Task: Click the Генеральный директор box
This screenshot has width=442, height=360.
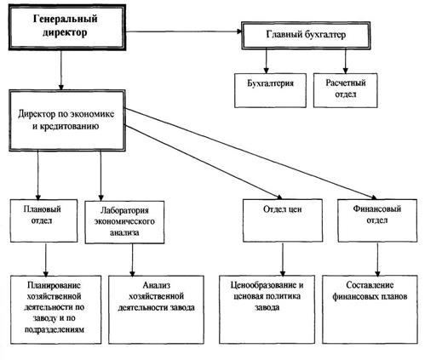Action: [x=67, y=27]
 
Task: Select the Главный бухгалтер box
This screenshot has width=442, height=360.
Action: [x=306, y=35]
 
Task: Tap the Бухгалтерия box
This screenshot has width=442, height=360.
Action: [x=270, y=90]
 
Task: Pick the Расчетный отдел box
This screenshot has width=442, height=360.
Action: [x=346, y=90]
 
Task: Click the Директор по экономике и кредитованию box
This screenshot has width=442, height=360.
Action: [x=67, y=121]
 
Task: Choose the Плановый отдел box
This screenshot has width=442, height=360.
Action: [x=43, y=220]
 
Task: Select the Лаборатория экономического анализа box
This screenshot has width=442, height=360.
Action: [x=124, y=222]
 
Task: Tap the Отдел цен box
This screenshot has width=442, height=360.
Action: [x=283, y=220]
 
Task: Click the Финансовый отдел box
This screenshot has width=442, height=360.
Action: [x=377, y=220]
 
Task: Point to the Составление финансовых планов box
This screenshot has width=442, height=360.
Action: [x=370, y=309]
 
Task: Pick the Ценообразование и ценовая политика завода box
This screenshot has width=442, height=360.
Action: [x=267, y=309]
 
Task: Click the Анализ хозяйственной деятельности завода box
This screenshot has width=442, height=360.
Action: [x=156, y=310]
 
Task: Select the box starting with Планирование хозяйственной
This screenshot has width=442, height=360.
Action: [x=56, y=310]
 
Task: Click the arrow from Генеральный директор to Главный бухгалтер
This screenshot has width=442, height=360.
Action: [x=184, y=31]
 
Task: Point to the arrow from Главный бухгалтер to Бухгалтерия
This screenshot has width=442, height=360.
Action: [x=266, y=61]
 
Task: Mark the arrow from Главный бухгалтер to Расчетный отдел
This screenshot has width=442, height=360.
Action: [x=345, y=61]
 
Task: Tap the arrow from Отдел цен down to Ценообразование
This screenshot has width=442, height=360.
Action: [x=283, y=259]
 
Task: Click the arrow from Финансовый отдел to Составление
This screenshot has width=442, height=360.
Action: [x=377, y=259]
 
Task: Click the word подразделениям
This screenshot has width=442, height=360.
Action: [x=55, y=330]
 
